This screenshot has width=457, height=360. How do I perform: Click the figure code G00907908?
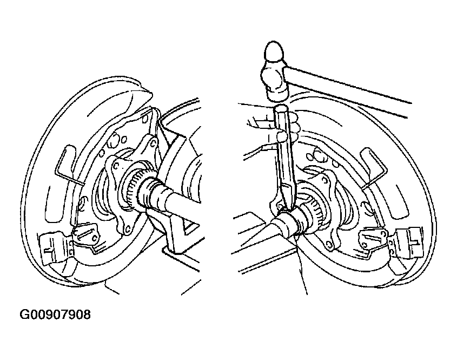point(55,315)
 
